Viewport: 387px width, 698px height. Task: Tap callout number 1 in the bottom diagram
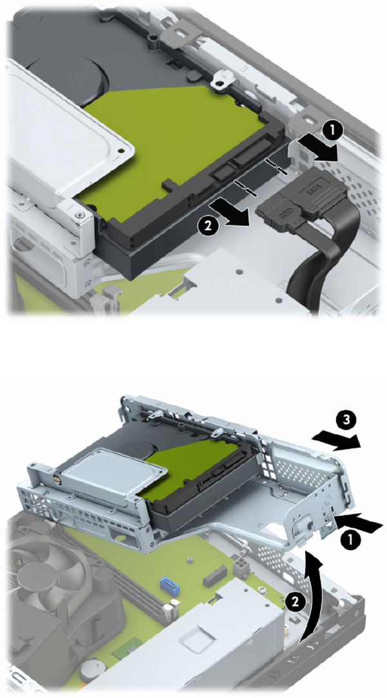click(x=350, y=540)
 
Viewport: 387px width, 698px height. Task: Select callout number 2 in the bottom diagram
click(x=292, y=602)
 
